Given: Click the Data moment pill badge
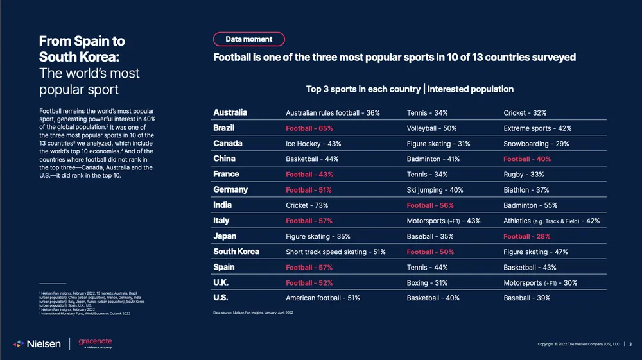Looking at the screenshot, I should (248, 39).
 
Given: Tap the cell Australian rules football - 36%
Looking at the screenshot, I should (333, 113).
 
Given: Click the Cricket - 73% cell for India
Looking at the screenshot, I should (307, 205).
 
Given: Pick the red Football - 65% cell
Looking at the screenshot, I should (309, 128).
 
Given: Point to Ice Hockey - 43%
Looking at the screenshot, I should (313, 144).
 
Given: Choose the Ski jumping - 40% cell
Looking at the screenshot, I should (435, 190).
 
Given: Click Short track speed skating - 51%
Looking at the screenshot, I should (335, 252).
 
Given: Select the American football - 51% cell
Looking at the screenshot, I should (322, 298).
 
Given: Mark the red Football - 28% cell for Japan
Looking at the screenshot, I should (526, 237).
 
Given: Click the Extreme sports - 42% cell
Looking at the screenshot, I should (537, 128).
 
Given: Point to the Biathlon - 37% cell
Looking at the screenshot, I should (526, 190).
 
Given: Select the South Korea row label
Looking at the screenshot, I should (236, 252).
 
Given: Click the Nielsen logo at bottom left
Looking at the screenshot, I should (37, 344).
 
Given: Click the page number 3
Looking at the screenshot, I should (630, 345).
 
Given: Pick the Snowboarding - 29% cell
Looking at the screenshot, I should (536, 144).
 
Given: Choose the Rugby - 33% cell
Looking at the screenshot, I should (523, 175).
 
